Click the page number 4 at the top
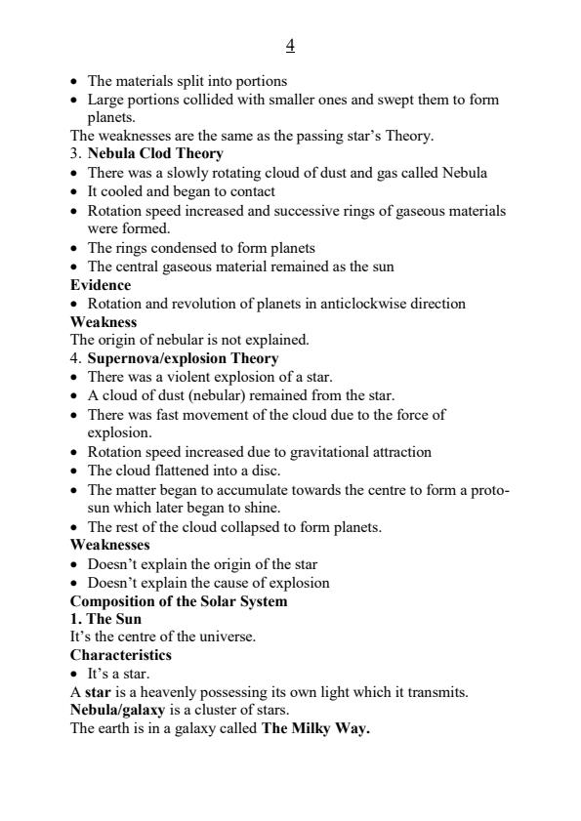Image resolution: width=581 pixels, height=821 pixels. coord(290,46)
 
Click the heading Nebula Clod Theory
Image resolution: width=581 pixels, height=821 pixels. coord(155,154)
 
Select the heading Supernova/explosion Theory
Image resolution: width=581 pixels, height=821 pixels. coord(183,358)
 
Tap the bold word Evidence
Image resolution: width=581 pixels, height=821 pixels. coord(101,285)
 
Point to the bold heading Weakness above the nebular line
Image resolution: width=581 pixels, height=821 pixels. coord(104,321)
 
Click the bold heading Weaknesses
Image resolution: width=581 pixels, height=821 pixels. coord(109,545)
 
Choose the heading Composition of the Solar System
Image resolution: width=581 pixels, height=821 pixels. coord(179,600)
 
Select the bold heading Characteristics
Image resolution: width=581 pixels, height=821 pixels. coord(120,655)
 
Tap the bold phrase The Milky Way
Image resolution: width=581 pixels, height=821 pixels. coord(315,728)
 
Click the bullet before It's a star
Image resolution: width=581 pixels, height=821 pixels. coord(75,674)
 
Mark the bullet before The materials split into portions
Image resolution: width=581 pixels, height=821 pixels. coord(75,81)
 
